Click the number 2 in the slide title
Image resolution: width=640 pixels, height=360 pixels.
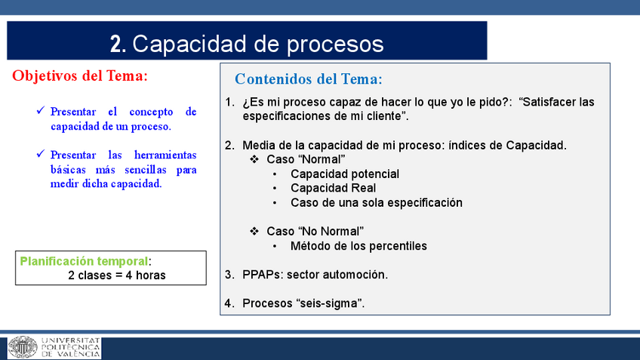coord(115,44)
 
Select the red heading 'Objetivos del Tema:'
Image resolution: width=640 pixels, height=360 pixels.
coord(80,76)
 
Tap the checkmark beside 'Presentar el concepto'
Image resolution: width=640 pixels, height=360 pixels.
coord(41,110)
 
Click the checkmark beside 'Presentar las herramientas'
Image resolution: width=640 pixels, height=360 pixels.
coord(41,153)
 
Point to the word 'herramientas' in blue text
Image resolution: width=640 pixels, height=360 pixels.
coord(165,155)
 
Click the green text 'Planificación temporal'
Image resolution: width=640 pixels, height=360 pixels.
coord(84,261)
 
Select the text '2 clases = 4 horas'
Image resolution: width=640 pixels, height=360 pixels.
coord(117,275)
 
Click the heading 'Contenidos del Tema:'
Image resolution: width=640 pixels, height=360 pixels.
coord(309,79)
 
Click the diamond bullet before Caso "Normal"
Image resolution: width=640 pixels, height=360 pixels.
coord(254,159)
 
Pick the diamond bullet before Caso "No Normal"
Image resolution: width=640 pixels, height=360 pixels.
coord(254,232)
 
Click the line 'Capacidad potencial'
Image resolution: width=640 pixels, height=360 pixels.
coord(345,174)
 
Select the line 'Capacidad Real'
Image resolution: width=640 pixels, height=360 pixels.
coord(333,188)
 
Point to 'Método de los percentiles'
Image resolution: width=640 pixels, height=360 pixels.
coord(358,246)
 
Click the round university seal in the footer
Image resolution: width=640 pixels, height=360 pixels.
coord(23,347)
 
